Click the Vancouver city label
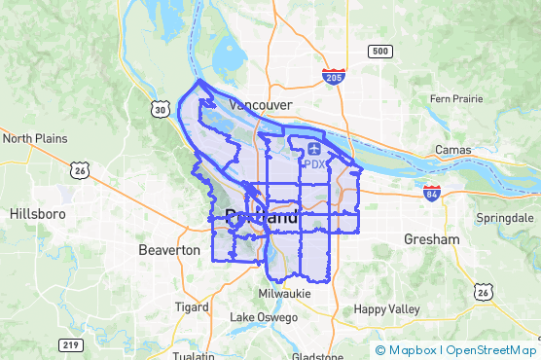pos(261,104)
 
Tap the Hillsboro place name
pos(37,212)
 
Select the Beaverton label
pos(169,250)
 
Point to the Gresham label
pos(432,238)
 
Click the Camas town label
pos(452,151)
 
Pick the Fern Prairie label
pos(457,99)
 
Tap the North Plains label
pos(35,138)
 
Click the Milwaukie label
pos(285,293)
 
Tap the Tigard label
pos(191,306)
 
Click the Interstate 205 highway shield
pos(334,76)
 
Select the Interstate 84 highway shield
pos(432,193)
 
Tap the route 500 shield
pos(379,51)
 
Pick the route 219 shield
pos(69,344)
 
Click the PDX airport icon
pos(313,148)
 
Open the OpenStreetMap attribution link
pos(492,350)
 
